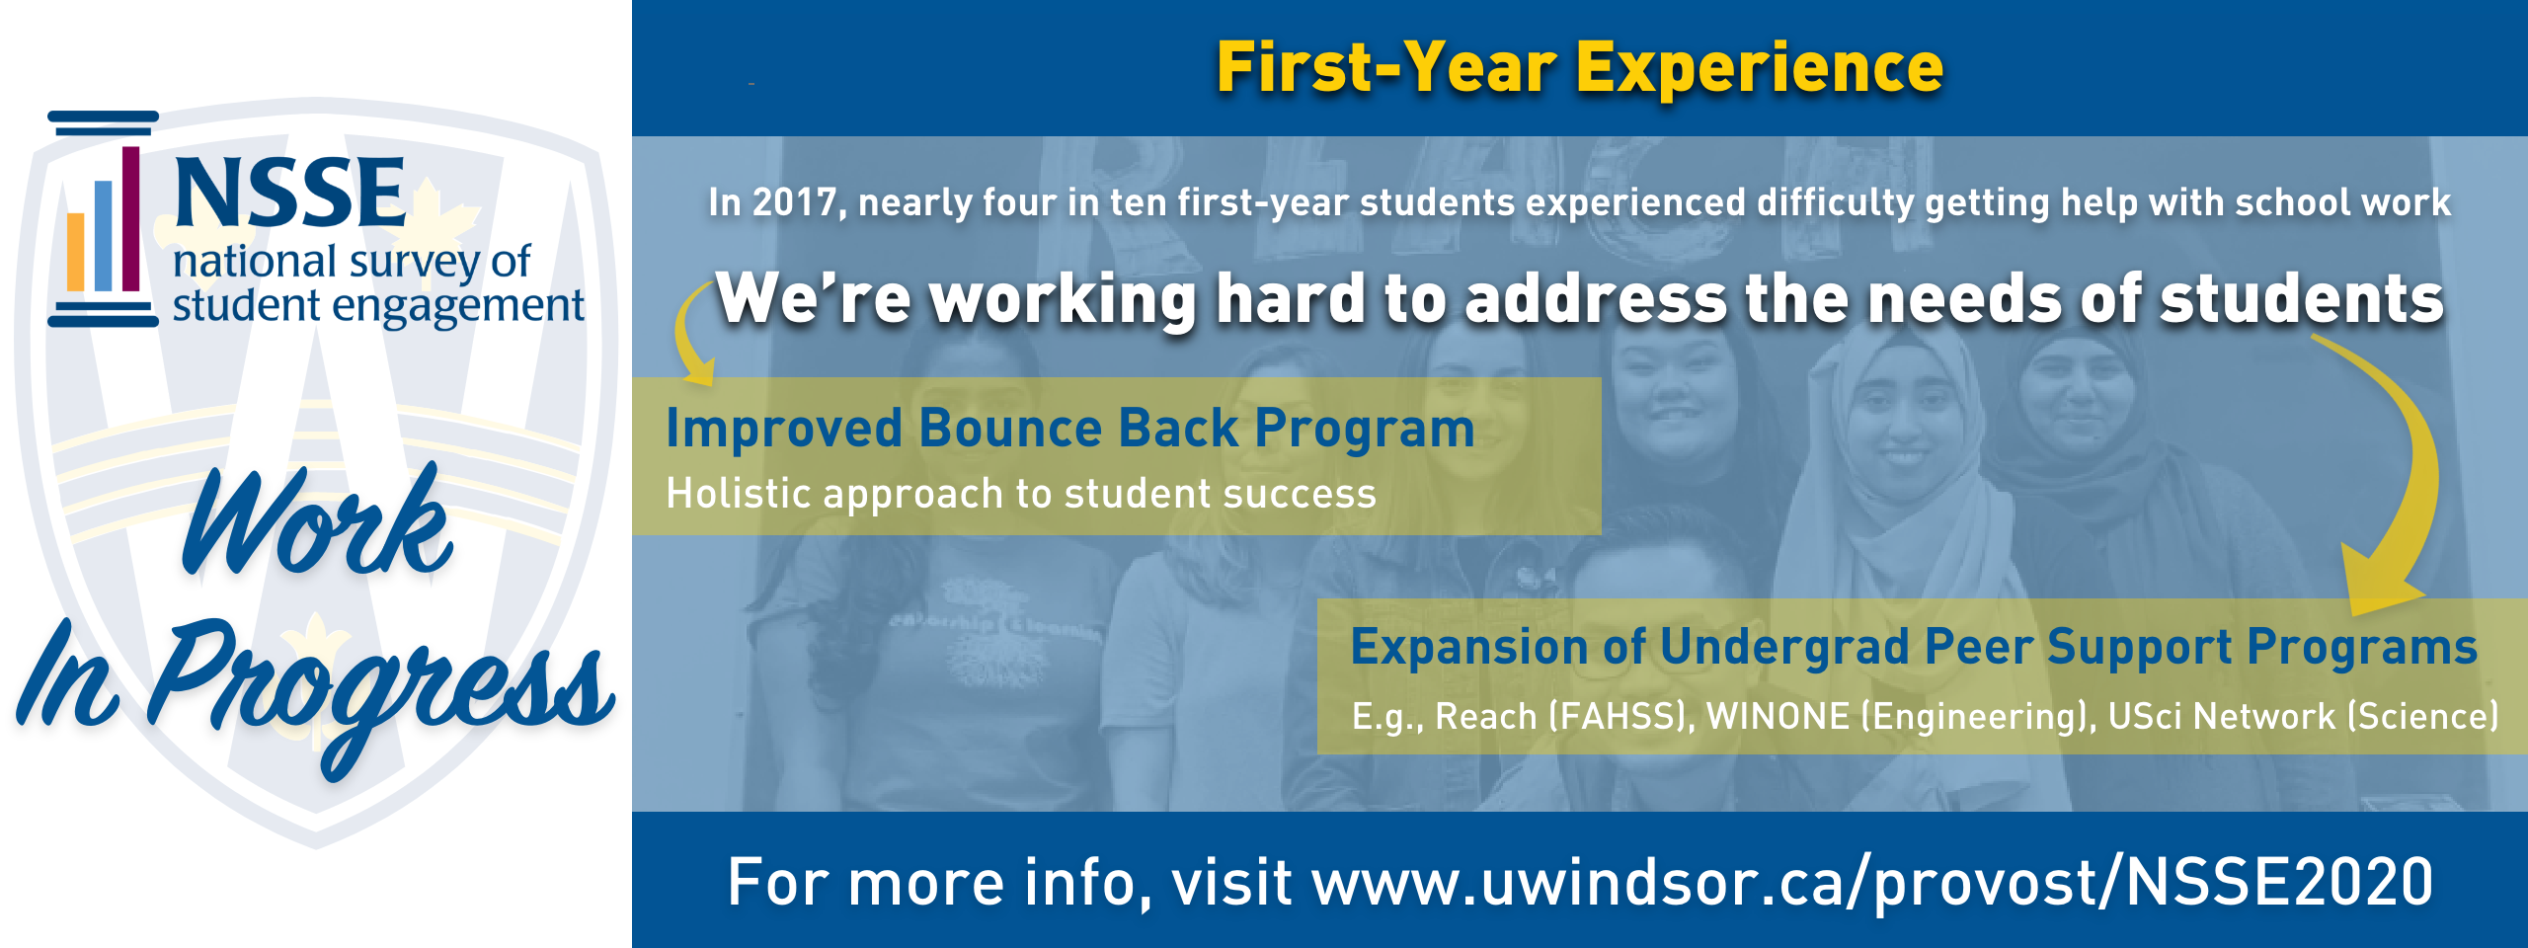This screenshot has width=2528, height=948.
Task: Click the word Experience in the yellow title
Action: coord(1760,69)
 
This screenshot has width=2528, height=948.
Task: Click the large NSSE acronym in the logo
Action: coord(289,193)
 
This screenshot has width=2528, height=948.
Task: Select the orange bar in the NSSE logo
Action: coord(76,252)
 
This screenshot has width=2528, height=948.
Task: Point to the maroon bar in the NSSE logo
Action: coord(130,218)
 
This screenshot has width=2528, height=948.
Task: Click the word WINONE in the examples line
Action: coord(1777,716)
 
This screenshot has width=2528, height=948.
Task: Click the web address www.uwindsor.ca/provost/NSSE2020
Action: coord(1872,882)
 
